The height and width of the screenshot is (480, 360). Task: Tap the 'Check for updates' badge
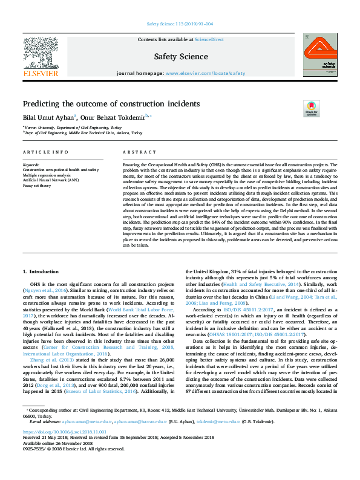tap(310, 108)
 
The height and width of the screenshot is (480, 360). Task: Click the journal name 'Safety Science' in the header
tap(180, 57)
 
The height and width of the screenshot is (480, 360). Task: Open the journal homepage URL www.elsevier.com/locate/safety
tap(206, 73)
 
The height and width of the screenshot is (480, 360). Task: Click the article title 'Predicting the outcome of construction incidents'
tap(111, 104)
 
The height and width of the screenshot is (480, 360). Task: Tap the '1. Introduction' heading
tap(41, 272)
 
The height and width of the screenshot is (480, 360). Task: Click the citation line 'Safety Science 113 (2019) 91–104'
tap(180, 24)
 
